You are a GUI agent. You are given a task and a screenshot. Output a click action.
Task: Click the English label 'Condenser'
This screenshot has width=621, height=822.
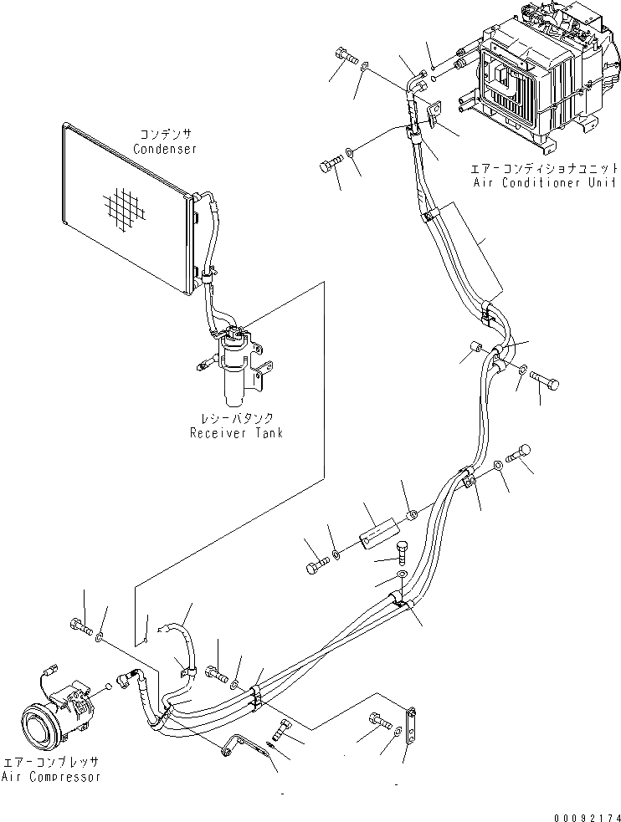pyautogui.click(x=165, y=149)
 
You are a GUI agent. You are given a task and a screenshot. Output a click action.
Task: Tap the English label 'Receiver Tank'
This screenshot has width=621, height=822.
pyautogui.click(x=236, y=432)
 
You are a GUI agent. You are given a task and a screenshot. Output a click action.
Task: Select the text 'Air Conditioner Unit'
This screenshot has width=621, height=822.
pyautogui.click(x=544, y=181)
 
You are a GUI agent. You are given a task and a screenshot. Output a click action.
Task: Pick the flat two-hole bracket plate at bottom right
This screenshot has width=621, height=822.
pyautogui.click(x=410, y=725)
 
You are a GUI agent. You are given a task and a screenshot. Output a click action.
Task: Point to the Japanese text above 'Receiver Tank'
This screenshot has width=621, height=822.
pyautogui.click(x=237, y=418)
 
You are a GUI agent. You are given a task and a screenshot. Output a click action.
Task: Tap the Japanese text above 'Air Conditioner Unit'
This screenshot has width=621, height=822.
pyautogui.click(x=544, y=167)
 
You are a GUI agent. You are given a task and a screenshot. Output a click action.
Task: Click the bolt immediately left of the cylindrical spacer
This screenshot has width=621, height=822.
pyautogui.click(x=316, y=567)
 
